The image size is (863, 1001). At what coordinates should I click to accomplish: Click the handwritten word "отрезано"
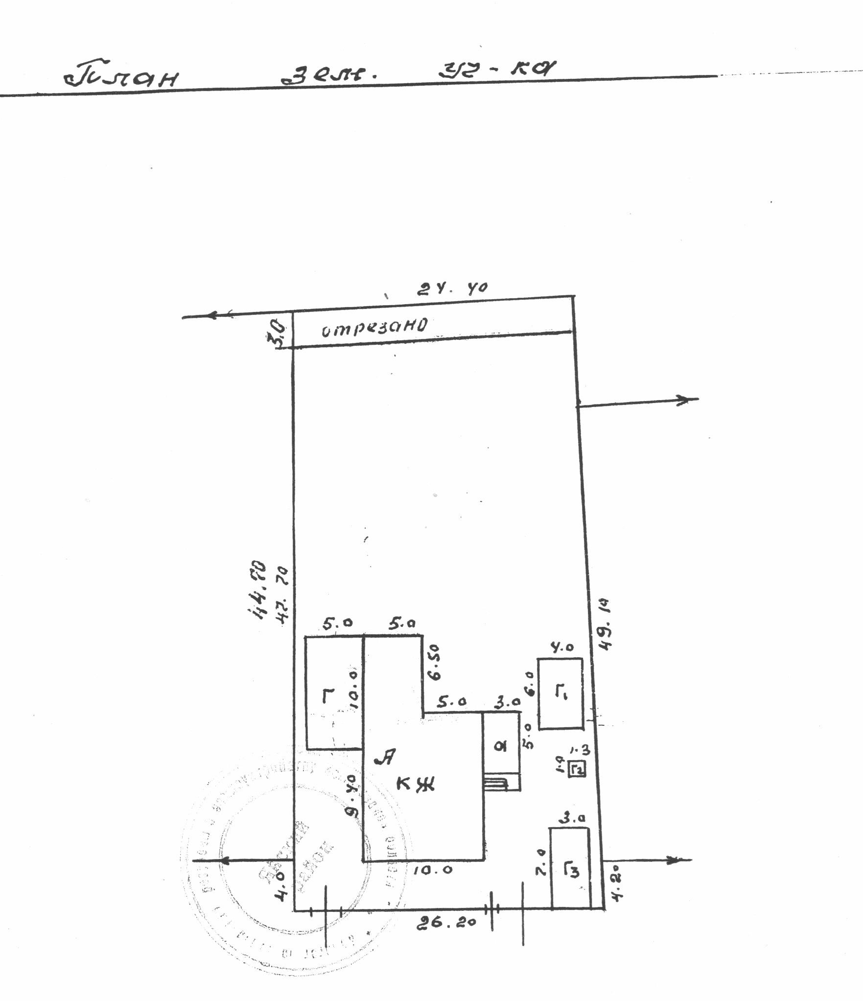[374, 327]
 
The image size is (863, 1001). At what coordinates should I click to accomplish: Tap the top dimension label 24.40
[452, 288]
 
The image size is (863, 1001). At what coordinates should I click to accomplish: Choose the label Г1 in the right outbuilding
[561, 693]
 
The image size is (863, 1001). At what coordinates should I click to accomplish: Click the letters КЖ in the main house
[415, 785]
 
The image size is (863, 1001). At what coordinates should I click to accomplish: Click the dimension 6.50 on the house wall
[435, 662]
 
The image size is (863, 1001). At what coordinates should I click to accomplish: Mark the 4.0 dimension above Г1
[562, 647]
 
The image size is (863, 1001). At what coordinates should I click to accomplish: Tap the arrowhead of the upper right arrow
[690, 400]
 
